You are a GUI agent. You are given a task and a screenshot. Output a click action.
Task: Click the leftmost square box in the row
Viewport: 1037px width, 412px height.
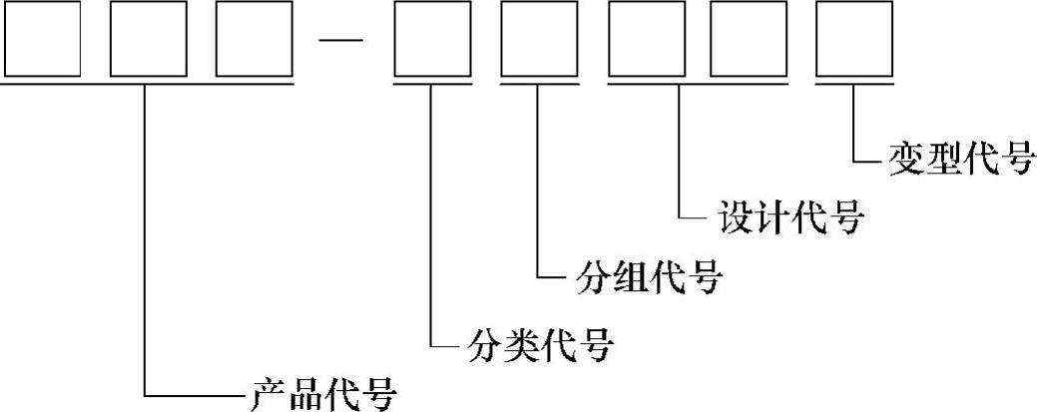pyautogui.click(x=41, y=39)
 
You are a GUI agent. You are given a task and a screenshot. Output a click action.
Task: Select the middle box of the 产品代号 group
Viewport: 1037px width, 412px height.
pyautogui.click(x=148, y=39)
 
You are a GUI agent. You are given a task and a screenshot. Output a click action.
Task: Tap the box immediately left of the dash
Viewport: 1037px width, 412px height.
pyautogui.click(x=255, y=39)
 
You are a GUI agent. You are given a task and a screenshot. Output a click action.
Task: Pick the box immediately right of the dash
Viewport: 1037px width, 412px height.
pyautogui.click(x=431, y=39)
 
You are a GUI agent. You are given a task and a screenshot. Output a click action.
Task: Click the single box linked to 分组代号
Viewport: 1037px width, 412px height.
pyautogui.click(x=538, y=39)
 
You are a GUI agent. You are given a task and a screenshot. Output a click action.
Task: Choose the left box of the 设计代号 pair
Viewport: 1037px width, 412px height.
pyautogui.click(x=645, y=39)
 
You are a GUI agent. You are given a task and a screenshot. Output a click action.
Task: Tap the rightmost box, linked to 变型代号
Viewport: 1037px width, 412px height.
pyautogui.click(x=854, y=39)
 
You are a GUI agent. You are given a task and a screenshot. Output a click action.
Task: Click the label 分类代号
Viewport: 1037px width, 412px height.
pyautogui.click(x=540, y=346)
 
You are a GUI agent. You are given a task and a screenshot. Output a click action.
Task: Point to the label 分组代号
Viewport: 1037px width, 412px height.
pyautogui.click(x=648, y=276)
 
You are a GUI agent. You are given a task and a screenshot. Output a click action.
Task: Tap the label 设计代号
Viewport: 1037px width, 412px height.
pyautogui.click(x=789, y=216)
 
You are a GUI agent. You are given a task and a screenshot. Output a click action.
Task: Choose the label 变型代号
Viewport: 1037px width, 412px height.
pyautogui.click(x=961, y=159)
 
